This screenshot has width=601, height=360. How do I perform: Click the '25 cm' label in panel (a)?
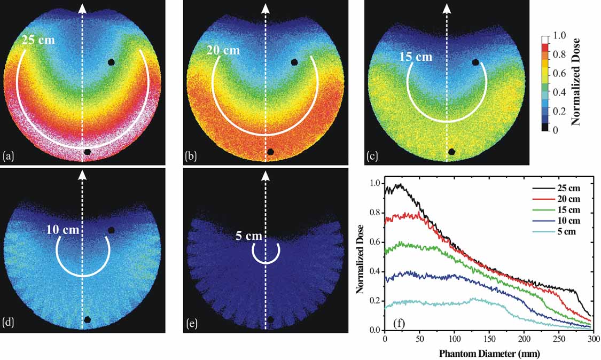point(38,41)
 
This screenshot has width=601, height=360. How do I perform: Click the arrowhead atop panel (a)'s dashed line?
point(82,7)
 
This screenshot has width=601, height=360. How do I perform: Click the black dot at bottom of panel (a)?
point(87,152)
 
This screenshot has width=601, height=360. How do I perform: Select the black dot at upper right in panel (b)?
point(294,62)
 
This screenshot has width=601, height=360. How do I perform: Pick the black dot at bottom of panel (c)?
point(451,151)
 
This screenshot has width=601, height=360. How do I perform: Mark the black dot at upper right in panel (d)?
point(111,230)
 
